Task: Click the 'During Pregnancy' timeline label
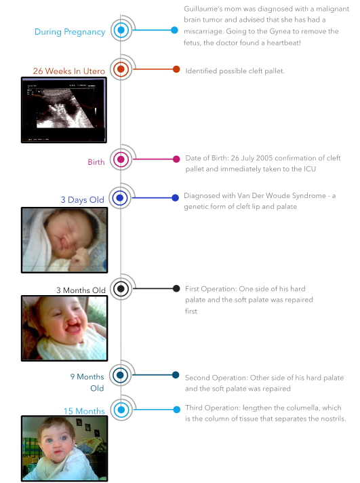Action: tap(70, 32)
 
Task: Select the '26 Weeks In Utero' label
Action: tap(69, 71)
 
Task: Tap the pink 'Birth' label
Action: tap(96, 162)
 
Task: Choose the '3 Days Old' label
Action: tap(82, 199)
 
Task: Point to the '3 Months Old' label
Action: tap(81, 290)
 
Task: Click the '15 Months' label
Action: tap(84, 411)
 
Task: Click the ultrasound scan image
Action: tap(64, 110)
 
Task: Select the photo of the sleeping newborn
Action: tap(64, 240)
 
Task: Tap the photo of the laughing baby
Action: tap(64, 328)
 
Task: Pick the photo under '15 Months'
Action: tap(64, 448)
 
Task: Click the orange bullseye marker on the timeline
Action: tap(121, 69)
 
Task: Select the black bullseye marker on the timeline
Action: tap(121, 288)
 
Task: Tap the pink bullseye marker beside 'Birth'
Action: tap(121, 159)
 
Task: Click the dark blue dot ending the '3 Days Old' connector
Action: tap(175, 198)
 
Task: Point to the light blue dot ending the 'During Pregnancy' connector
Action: tap(174, 30)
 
